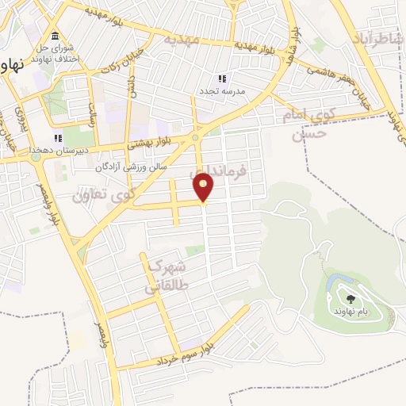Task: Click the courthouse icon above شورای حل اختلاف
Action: coord(54,36)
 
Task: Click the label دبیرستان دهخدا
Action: coord(53,149)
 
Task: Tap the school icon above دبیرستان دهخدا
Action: coord(58,138)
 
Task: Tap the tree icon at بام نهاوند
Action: coord(350,299)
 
